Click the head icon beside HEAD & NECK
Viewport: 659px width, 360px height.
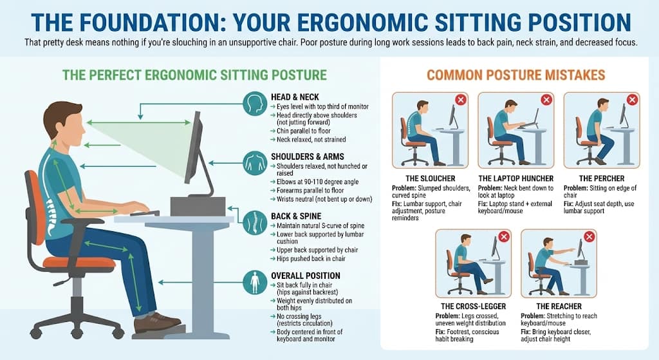[255, 103]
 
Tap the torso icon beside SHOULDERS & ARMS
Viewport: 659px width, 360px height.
[255, 163]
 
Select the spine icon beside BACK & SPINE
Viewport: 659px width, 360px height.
[255, 222]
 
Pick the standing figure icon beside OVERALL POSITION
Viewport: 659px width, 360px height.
[255, 282]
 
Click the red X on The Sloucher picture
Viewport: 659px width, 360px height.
[461, 100]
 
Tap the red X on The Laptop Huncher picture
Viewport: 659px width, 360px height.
[546, 100]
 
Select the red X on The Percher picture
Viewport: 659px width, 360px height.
[632, 100]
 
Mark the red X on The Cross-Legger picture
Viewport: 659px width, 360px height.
[503, 237]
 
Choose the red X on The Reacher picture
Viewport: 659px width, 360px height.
[589, 237]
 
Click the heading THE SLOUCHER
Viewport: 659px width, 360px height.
[431, 178]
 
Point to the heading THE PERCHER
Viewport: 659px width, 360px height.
[602, 178]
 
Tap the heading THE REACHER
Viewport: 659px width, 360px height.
[559, 306]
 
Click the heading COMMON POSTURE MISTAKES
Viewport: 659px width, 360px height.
[515, 75]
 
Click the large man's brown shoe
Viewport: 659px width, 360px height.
[157, 322]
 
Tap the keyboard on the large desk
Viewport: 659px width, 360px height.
[145, 213]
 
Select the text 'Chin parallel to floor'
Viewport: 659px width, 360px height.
[304, 131]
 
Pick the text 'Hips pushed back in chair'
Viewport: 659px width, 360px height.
[311, 259]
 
